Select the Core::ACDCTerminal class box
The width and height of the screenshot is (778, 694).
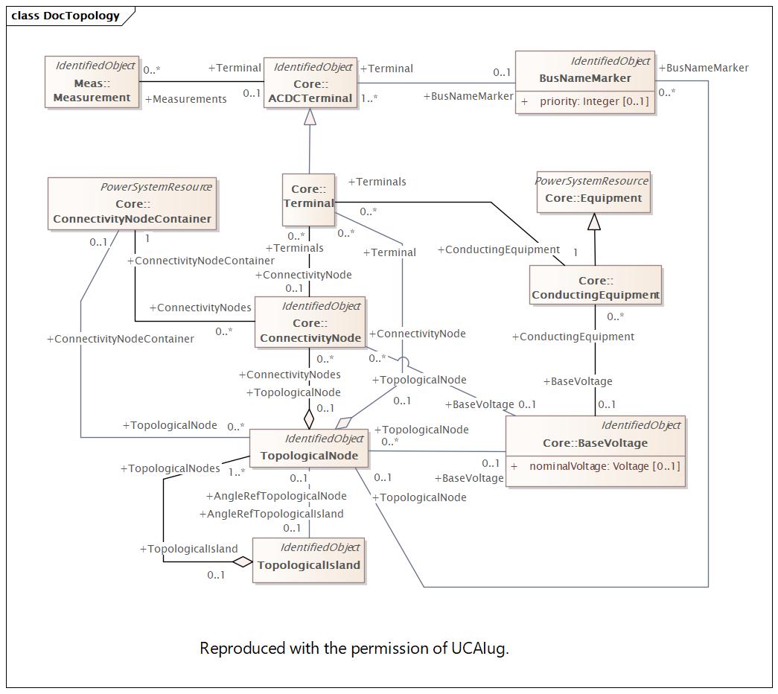310,83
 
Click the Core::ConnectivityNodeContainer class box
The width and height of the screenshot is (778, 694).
132,203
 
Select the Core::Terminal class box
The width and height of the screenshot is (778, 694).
308,199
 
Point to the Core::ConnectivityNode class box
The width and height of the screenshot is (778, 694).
309,322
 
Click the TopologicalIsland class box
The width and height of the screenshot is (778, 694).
308,559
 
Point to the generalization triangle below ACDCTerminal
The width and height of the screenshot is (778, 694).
310,117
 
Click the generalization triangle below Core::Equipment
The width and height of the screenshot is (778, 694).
593,222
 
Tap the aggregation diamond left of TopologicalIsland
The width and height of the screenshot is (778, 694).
242,561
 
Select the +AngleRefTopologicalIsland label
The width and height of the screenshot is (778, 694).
272,514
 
